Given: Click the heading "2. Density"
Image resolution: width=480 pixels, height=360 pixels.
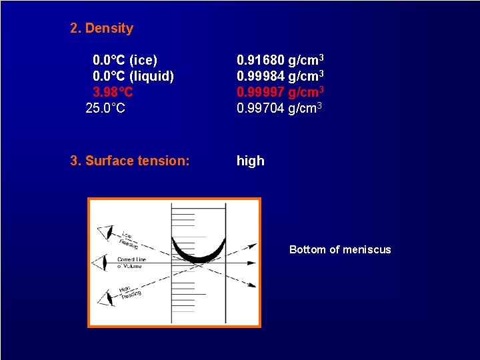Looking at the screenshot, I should (102, 28).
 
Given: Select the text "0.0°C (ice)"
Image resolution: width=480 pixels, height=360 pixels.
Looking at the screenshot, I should (125, 61).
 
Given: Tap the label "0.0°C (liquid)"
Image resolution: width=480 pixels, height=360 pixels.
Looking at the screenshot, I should (133, 76).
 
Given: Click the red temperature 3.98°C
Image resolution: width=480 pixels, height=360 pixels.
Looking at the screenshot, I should (113, 91).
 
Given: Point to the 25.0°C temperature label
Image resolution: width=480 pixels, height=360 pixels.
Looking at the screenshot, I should (105, 107).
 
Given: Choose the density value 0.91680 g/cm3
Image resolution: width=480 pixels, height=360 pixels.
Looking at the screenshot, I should (280, 61).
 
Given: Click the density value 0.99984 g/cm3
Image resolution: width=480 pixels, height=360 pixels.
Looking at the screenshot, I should (280, 76).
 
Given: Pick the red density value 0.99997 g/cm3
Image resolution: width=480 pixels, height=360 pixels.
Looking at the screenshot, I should (280, 91).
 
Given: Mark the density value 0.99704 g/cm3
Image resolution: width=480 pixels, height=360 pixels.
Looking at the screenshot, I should (280, 107).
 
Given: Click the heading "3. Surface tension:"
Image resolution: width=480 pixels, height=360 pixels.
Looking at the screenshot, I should (130, 161).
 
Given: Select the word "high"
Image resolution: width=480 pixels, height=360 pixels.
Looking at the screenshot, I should (251, 161).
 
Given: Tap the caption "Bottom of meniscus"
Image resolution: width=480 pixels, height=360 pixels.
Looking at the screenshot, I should (340, 249).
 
